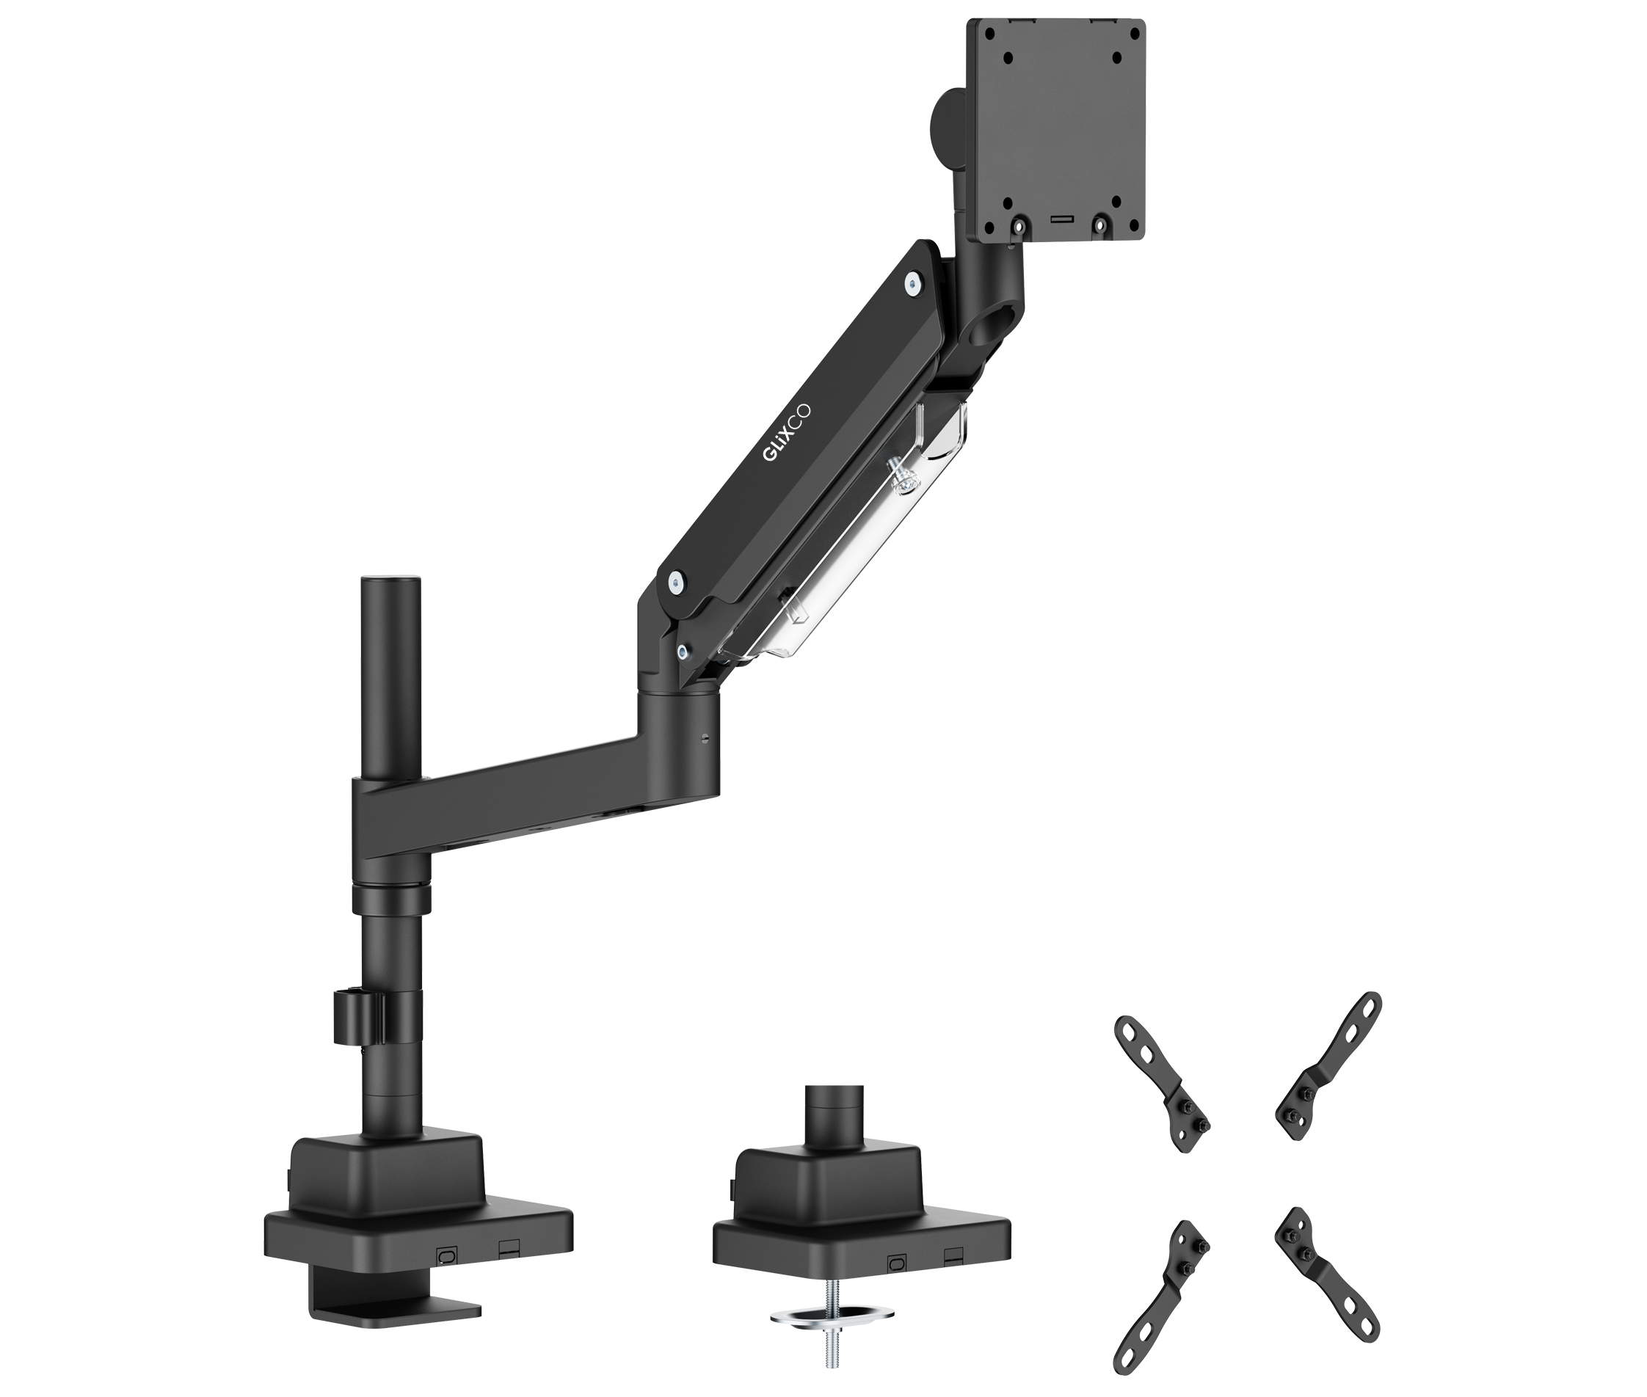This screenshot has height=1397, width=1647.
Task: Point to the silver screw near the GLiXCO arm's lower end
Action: [x=675, y=583]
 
